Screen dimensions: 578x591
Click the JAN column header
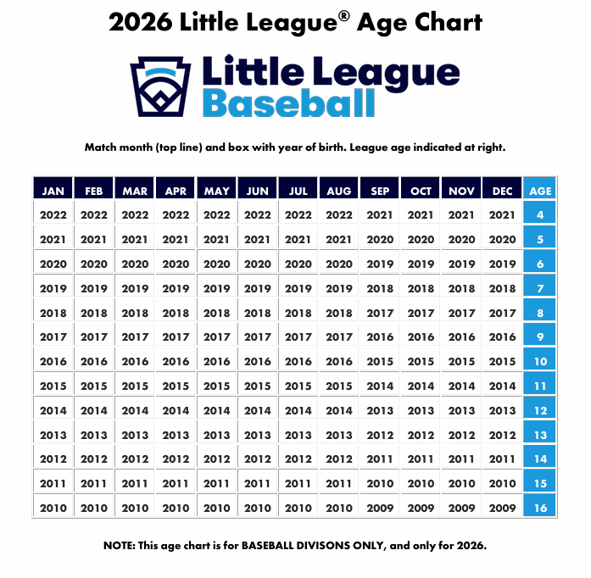click(x=53, y=191)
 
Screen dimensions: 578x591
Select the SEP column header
click(x=380, y=191)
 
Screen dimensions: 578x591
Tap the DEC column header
click(x=503, y=191)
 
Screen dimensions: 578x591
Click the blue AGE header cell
click(x=540, y=191)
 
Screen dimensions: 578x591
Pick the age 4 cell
click(x=540, y=215)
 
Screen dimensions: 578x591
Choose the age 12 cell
click(x=540, y=410)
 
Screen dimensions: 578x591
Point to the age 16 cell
click(x=540, y=508)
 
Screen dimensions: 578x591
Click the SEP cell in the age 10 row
click(x=380, y=361)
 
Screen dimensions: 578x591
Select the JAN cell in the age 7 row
click(x=53, y=288)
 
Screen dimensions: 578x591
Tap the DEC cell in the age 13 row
click(x=503, y=435)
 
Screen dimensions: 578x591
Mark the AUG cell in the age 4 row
click(x=339, y=215)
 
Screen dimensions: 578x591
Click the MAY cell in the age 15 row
click(x=217, y=483)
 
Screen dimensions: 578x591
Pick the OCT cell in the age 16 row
click(x=421, y=508)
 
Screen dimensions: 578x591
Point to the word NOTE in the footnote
click(x=119, y=545)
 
